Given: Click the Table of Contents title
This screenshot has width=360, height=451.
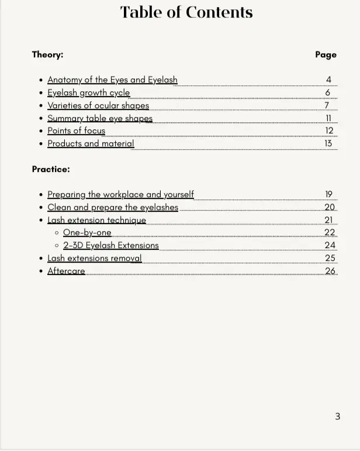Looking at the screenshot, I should (x=186, y=12).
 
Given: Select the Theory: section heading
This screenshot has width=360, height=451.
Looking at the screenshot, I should (x=47, y=54).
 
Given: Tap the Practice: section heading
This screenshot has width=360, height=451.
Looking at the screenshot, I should (x=51, y=169).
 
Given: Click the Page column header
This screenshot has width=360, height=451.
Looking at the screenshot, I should (x=326, y=54).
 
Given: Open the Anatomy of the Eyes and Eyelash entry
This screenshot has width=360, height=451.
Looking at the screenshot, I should (x=112, y=80).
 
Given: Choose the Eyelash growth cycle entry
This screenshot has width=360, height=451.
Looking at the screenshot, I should (x=88, y=92).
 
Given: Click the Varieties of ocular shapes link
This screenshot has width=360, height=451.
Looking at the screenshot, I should (x=98, y=105).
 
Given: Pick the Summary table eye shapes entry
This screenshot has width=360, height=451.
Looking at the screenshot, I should (x=99, y=118).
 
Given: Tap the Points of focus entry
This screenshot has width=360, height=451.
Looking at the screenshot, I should (x=76, y=130).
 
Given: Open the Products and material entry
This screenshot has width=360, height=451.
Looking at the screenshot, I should (x=91, y=143).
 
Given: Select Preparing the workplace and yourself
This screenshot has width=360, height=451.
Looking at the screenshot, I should (x=120, y=194).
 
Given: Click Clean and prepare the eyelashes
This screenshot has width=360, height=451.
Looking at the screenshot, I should (x=113, y=207).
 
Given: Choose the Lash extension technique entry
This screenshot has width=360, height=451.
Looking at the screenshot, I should (x=96, y=220).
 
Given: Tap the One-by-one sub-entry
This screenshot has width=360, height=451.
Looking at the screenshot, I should (x=87, y=232).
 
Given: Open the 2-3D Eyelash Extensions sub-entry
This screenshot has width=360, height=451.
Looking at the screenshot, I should (x=111, y=245).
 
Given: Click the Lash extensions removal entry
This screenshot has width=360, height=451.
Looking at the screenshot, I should (x=94, y=258).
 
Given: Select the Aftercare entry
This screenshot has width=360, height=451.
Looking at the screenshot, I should (x=66, y=271).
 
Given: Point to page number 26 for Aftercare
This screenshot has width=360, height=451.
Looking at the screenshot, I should (x=330, y=271).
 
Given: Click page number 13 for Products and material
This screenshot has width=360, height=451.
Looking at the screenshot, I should (x=328, y=143).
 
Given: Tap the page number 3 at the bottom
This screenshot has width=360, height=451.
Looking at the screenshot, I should (x=337, y=416).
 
